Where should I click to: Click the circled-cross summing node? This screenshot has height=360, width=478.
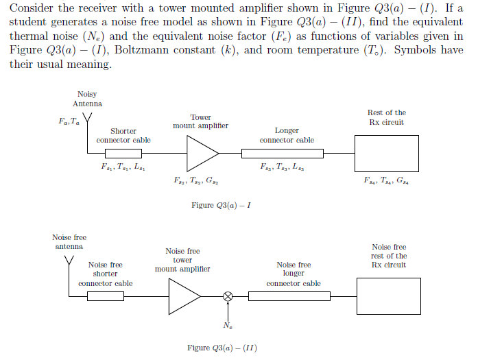pos(228,296)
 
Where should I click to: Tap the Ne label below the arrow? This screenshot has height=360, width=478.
pos(228,326)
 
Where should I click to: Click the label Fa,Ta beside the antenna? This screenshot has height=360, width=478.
pos(69,121)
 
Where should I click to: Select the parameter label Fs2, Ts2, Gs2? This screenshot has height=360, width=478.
pos(196,180)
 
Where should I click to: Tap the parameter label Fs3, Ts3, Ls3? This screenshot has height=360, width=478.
pos(282,167)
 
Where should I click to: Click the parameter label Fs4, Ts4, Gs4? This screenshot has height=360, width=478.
pos(386,180)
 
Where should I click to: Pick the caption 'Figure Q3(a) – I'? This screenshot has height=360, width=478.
pos(221,205)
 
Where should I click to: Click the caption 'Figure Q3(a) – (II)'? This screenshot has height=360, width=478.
pos(222,348)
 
